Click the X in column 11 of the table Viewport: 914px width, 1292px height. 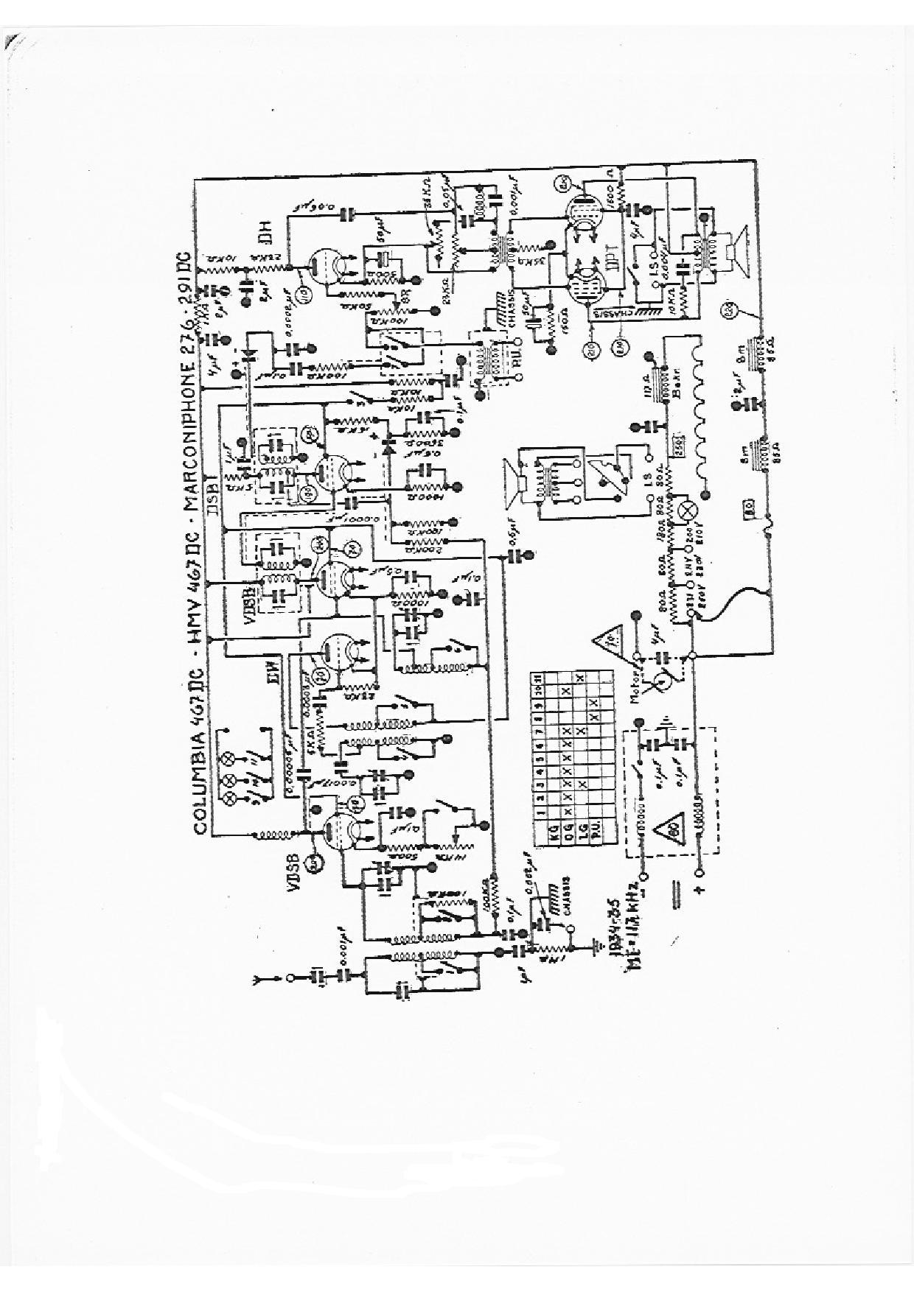(x=581, y=676)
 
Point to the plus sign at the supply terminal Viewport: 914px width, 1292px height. (x=700, y=888)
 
